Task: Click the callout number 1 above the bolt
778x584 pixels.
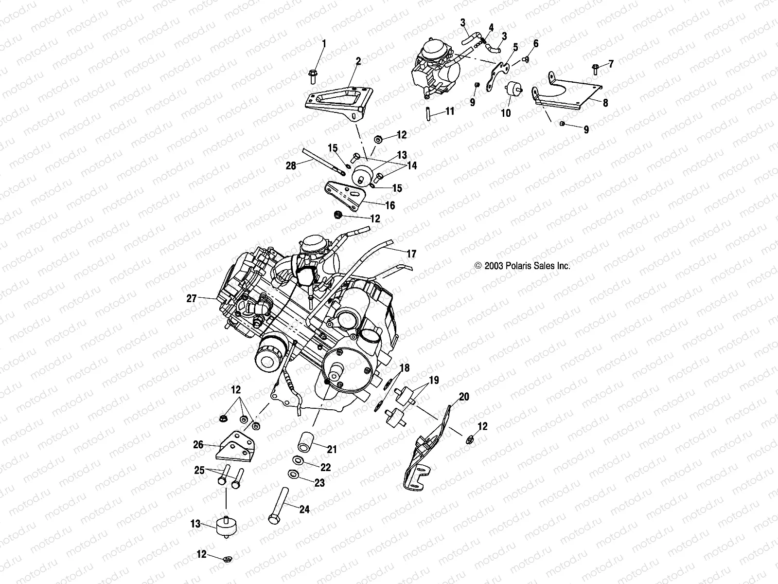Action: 324,43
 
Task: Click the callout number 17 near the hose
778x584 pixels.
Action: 411,254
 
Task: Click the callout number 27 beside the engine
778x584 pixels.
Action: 192,298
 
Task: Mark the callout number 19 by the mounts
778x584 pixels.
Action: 434,380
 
